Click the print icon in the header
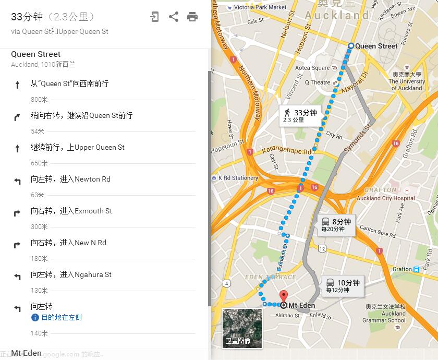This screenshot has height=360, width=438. tap(192, 17)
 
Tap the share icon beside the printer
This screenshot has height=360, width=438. tap(174, 17)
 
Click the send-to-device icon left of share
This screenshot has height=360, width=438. tap(154, 17)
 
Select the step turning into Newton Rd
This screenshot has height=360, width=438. tap(70, 179)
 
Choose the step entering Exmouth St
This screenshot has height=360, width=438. tap(71, 211)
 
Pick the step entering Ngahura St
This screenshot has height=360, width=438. tap(71, 274)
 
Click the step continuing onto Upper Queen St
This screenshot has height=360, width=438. tap(77, 147)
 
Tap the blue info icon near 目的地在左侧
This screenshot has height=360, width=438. tap(35, 317)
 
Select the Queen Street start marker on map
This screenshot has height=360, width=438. tap(350, 46)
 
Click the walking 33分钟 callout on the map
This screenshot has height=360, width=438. tap(299, 115)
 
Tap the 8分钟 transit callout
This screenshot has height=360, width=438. tap(336, 224)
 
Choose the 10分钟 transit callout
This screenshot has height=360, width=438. tap(342, 286)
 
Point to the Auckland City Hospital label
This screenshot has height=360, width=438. tap(386, 198)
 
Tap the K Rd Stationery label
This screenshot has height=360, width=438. tap(238, 178)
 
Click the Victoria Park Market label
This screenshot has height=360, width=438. tap(260, 7)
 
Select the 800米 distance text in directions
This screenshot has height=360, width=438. tap(39, 99)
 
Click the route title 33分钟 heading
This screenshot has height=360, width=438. tap(27, 17)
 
